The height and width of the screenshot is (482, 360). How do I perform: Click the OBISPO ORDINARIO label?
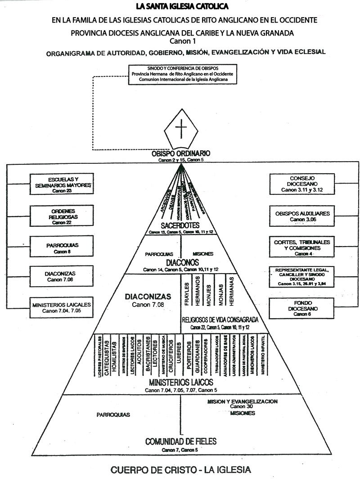tap(181, 154)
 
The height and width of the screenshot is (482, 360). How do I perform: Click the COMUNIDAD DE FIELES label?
tap(181, 441)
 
